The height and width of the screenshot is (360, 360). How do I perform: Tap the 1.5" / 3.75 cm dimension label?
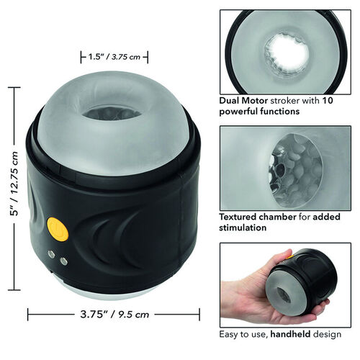(114, 57)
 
